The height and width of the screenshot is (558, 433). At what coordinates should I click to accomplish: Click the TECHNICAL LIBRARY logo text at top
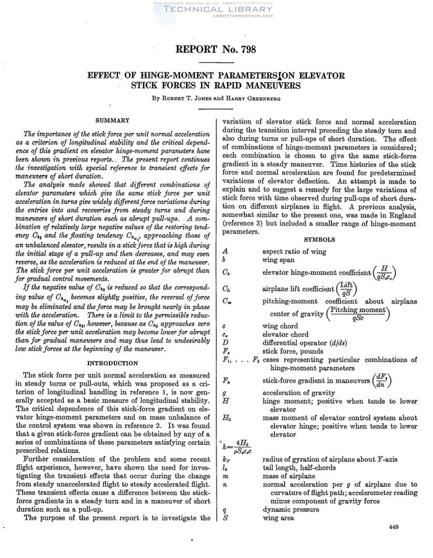pyautogui.click(x=216, y=11)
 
